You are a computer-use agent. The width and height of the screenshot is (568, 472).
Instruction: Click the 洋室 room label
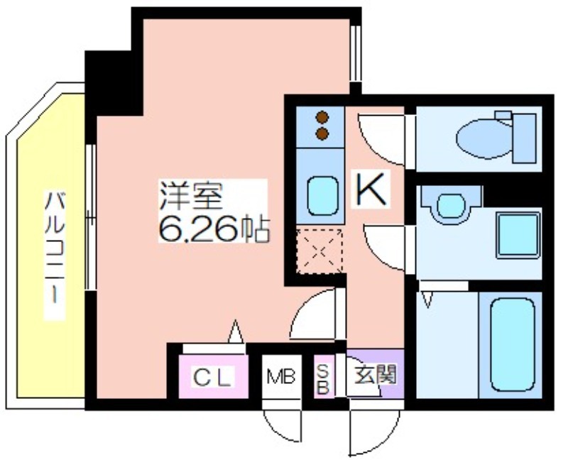191,196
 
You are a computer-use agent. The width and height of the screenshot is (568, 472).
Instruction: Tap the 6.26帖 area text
214,230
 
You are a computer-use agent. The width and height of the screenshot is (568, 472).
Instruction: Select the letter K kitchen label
371,189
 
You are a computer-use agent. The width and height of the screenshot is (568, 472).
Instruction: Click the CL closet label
212,378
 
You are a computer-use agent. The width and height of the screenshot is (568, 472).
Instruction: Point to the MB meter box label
281,377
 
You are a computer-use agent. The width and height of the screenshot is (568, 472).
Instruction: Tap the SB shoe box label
323,379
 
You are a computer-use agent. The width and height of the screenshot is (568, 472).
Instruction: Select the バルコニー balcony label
55,248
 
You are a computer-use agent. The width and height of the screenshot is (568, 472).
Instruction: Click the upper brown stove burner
322,117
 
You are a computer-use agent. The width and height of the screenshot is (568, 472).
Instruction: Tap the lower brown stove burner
322,133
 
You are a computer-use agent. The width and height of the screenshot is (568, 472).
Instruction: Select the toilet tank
524,138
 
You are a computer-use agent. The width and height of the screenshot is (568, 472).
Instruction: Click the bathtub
512,344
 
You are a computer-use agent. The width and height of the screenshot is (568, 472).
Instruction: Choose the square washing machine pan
518,236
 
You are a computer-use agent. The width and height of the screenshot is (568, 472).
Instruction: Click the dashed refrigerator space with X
319,251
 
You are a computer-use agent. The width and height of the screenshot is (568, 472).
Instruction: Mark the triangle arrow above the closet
236,331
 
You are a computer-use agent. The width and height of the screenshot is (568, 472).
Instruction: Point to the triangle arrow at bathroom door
428,300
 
